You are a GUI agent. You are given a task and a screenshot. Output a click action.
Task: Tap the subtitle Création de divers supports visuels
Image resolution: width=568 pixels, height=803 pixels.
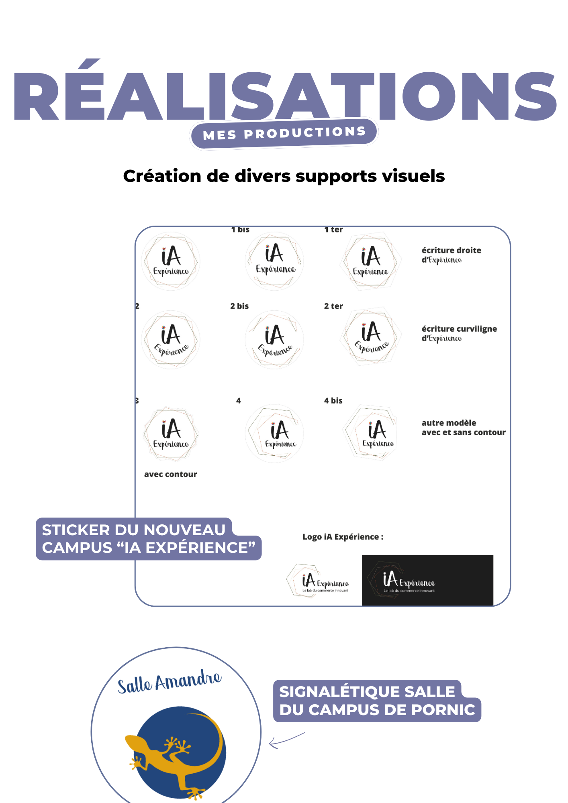pyautogui.click(x=284, y=176)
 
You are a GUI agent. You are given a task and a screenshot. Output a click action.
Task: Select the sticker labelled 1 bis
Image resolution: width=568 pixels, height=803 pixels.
pyautogui.click(x=275, y=261)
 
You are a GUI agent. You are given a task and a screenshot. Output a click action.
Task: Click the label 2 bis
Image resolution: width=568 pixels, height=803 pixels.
pyautogui.click(x=239, y=306)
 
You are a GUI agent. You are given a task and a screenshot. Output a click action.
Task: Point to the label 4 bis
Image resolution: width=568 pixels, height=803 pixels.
pyautogui.click(x=333, y=401)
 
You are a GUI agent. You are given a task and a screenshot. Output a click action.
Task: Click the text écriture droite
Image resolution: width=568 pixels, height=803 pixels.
pyautogui.click(x=451, y=251)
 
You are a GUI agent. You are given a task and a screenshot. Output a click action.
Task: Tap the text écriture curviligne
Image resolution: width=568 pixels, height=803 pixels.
pyautogui.click(x=459, y=329)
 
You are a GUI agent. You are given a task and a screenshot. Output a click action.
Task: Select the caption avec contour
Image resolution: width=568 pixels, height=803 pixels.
pyautogui.click(x=171, y=474)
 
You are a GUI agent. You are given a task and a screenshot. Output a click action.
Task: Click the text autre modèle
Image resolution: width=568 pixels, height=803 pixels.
pyautogui.click(x=449, y=423)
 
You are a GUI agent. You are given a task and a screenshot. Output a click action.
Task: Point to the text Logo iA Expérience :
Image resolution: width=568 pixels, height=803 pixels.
pyautogui.click(x=343, y=537)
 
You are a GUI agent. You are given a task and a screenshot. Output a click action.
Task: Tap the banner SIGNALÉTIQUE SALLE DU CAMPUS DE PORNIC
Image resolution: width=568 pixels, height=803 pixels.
pyautogui.click(x=377, y=701)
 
